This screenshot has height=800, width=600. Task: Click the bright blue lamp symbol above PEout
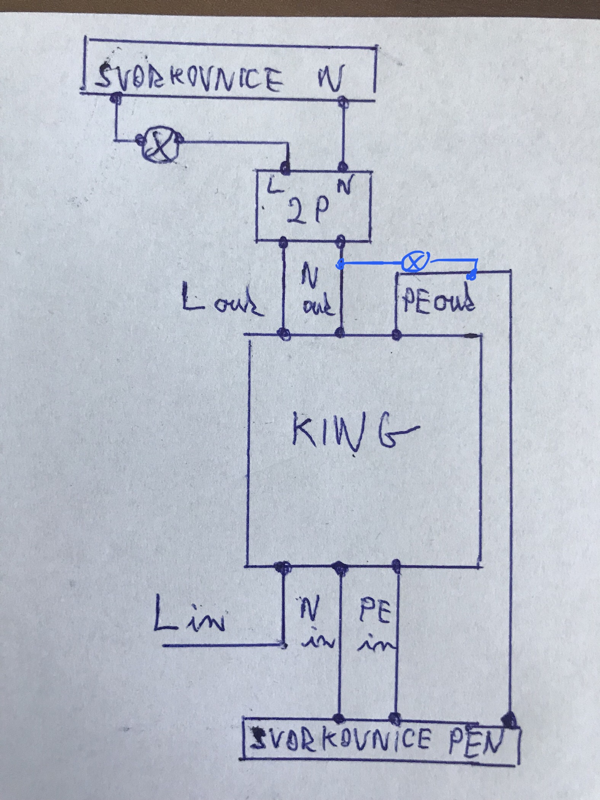pyautogui.click(x=415, y=262)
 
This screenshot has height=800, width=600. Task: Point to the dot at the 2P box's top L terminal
pyautogui.click(x=284, y=166)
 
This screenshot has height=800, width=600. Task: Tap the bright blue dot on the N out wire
pyautogui.click(x=340, y=264)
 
